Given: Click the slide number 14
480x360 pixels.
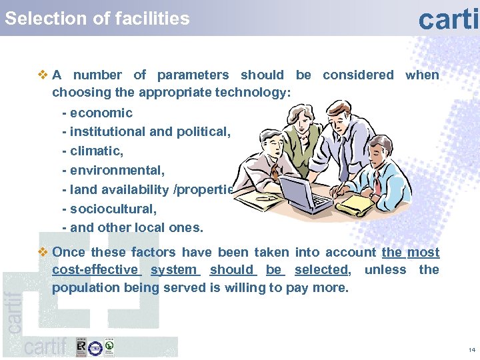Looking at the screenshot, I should click(x=471, y=350).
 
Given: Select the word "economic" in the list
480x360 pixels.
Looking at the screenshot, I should click(x=101, y=113).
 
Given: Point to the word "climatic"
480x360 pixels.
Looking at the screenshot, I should click(x=96, y=151).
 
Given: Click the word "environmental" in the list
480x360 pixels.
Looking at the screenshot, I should click(x=116, y=171).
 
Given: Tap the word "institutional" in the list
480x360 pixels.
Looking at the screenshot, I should click(x=107, y=132).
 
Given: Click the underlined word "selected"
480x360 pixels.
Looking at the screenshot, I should click(x=321, y=270).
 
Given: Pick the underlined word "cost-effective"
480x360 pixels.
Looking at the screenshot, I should click(x=95, y=270).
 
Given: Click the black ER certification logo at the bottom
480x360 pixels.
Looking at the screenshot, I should click(x=81, y=347).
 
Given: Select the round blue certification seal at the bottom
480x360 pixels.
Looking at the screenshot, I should click(x=95, y=347).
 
